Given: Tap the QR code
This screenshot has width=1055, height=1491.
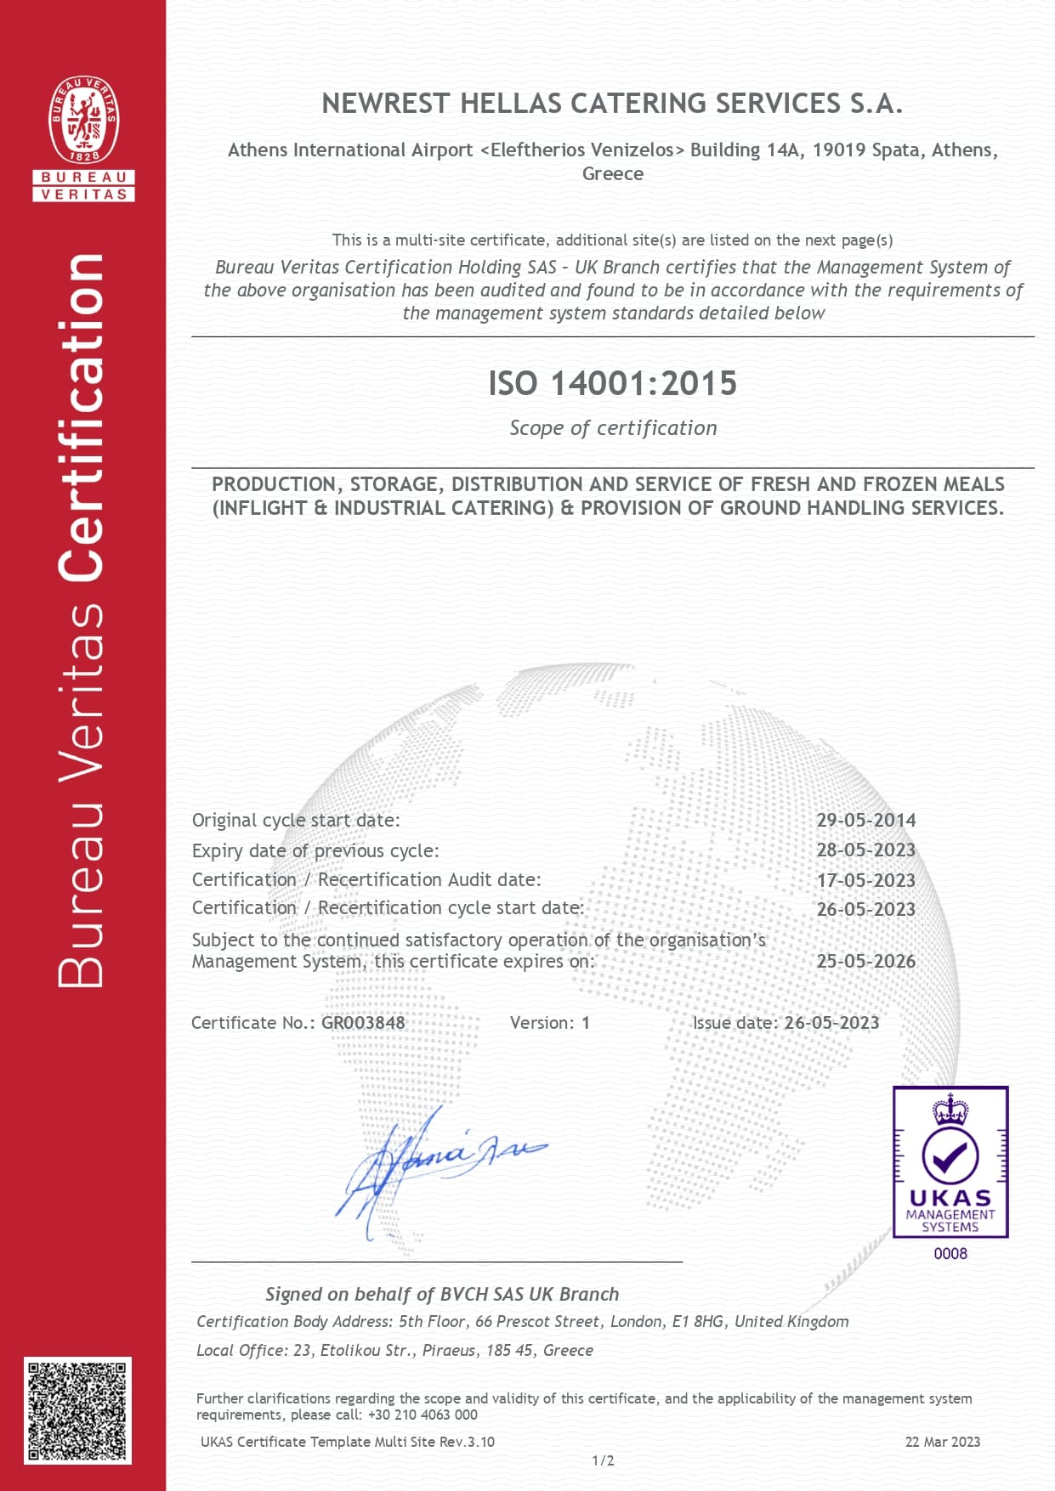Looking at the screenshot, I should click(x=77, y=1410).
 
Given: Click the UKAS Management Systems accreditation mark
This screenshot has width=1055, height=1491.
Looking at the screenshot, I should click(x=950, y=1161).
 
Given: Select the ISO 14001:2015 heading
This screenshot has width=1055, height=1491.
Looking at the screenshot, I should click(x=612, y=383).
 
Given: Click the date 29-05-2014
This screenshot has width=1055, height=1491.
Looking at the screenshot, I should click(x=865, y=820).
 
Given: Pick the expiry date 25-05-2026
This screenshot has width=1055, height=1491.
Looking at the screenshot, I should click(x=865, y=961).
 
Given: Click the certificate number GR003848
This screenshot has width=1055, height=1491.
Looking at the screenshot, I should click(x=363, y=1023).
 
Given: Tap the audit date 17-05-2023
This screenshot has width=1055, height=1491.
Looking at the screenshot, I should click(x=865, y=880).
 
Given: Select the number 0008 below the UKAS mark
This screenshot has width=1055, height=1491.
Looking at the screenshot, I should click(x=950, y=1253).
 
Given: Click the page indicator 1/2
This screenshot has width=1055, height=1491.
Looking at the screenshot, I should click(x=603, y=1460).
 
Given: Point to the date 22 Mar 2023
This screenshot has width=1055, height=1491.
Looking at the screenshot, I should click(x=942, y=1442).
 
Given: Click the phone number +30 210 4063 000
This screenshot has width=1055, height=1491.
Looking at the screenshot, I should click(x=423, y=1415).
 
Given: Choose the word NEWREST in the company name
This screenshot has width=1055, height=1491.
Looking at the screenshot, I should click(x=386, y=104).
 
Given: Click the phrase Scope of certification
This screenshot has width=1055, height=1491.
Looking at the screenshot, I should click(x=613, y=428).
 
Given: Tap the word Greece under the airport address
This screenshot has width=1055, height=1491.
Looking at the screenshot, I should click(x=612, y=173).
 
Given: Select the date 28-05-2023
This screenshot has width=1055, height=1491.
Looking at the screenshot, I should click(x=865, y=850).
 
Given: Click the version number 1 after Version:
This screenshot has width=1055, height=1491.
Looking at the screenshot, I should click(x=585, y=1023).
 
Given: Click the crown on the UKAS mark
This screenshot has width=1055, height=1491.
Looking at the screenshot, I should click(x=950, y=1109).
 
